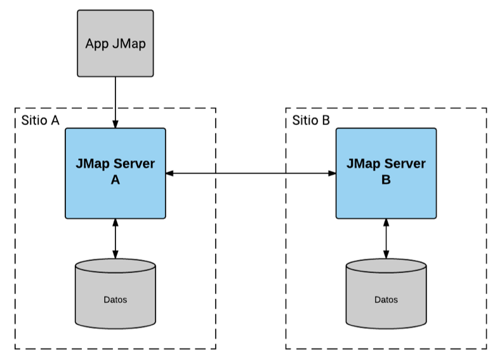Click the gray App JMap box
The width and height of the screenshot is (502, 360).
tap(115, 43)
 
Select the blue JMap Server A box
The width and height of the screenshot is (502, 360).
tap(115, 173)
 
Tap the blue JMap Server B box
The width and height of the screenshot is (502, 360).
tap(386, 173)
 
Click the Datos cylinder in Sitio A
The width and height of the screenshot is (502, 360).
tap(115, 293)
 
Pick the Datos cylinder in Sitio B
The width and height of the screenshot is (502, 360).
tap(386, 293)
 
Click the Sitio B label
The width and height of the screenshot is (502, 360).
tap(311, 121)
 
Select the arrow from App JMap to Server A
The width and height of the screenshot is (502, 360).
tap(115, 102)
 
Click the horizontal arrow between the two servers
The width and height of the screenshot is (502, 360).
tap(251, 173)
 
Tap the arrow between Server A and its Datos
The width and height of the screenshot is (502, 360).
tap(115, 239)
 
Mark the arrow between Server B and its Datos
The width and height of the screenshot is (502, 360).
tap(386, 239)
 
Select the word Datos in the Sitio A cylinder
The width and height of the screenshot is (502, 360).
tap(115, 299)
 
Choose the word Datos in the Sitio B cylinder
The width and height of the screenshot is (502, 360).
tap(386, 299)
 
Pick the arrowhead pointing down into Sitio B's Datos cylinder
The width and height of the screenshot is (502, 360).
tap(386, 255)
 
